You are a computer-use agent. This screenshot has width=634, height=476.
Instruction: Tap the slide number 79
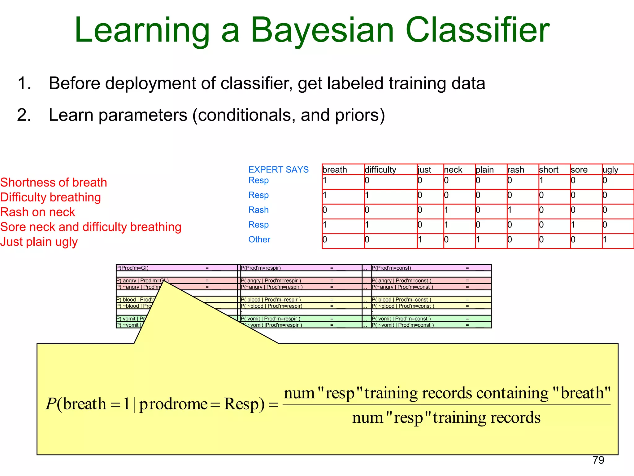(x=598, y=460)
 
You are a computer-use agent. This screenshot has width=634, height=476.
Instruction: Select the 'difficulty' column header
(x=380, y=170)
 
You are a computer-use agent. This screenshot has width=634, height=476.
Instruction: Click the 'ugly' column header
(x=610, y=170)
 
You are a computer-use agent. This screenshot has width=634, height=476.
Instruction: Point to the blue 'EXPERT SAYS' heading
(x=278, y=170)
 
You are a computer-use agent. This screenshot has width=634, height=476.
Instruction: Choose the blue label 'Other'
(x=259, y=240)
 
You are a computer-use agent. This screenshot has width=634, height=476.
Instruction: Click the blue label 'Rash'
(x=258, y=210)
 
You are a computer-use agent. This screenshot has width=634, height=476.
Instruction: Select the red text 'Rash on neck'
(x=38, y=212)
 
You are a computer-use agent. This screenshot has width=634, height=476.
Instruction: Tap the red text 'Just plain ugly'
(x=39, y=242)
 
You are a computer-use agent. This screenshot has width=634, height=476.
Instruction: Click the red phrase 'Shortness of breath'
(x=54, y=183)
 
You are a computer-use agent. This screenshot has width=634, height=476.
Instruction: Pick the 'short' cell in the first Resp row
(x=554, y=181)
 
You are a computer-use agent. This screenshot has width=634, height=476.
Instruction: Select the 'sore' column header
(x=579, y=170)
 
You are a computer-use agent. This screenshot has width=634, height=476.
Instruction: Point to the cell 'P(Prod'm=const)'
(x=391, y=268)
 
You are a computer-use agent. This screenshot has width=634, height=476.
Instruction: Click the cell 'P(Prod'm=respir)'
(x=261, y=268)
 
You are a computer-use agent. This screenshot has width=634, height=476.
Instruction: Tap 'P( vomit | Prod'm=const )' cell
(x=401, y=319)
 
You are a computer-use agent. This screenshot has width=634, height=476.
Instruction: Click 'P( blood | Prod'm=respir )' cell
(x=271, y=300)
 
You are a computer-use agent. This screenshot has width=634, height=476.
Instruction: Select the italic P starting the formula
(x=51, y=404)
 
